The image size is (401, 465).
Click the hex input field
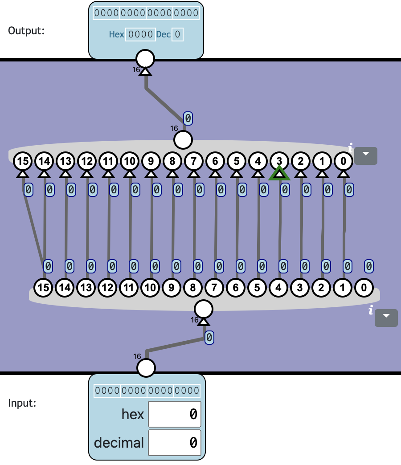click(x=174, y=414)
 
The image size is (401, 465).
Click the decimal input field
click(x=174, y=443)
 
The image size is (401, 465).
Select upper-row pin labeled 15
click(x=22, y=161)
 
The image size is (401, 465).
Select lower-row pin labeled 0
click(x=364, y=288)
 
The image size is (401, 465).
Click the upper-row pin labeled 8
click(x=172, y=161)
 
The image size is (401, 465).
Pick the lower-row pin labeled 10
click(x=150, y=288)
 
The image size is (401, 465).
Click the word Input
click(x=22, y=403)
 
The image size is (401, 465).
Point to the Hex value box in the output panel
click(x=140, y=34)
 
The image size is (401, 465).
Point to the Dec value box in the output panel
click(x=177, y=34)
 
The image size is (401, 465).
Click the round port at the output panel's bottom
click(x=145, y=58)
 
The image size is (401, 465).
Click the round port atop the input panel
click(x=146, y=368)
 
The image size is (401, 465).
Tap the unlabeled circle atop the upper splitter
click(x=183, y=139)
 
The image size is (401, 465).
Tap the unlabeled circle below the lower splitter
click(x=204, y=309)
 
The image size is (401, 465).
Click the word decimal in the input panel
click(x=119, y=443)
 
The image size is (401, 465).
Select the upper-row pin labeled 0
click(x=343, y=161)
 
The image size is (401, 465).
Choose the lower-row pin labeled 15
click(x=43, y=288)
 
